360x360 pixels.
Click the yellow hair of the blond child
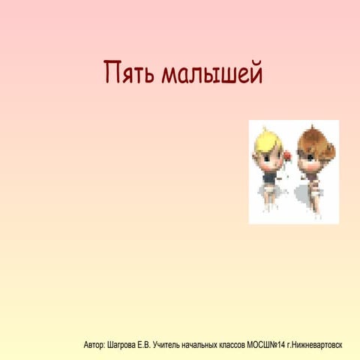pos(265,139)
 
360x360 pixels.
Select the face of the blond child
pos(268,153)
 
